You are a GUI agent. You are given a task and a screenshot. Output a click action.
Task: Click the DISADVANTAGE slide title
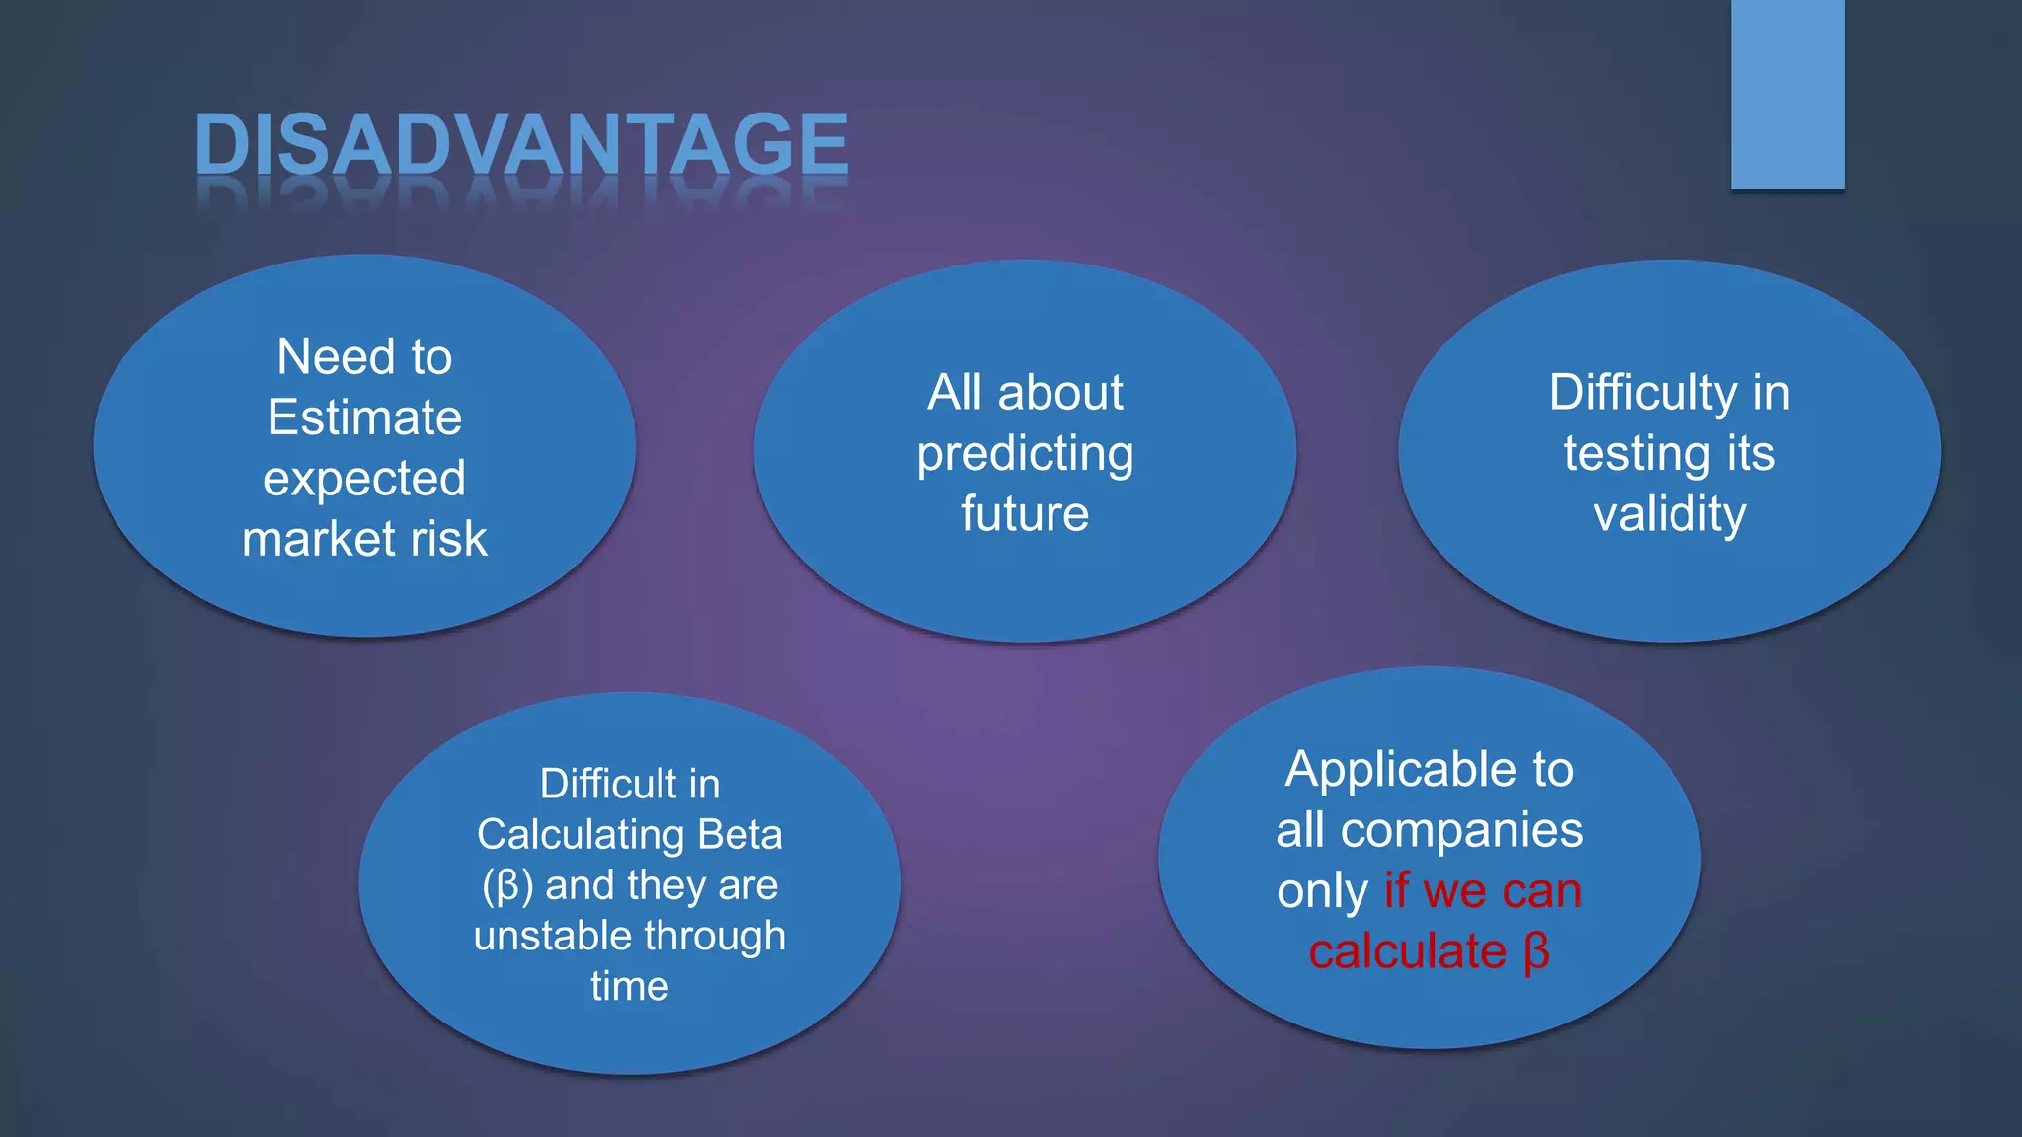521,144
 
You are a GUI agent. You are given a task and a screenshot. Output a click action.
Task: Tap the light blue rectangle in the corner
1787,94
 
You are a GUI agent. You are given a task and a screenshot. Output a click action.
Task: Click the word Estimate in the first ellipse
364,417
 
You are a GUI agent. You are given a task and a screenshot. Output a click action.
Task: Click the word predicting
1025,455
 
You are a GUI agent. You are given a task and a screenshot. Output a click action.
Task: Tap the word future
1025,514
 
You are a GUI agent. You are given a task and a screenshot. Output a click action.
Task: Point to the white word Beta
739,835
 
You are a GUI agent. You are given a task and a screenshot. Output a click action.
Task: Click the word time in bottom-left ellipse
630,986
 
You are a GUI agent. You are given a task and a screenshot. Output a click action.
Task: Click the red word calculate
1407,952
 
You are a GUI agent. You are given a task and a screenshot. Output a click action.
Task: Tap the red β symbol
1536,952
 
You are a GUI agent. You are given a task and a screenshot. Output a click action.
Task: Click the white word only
1322,892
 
